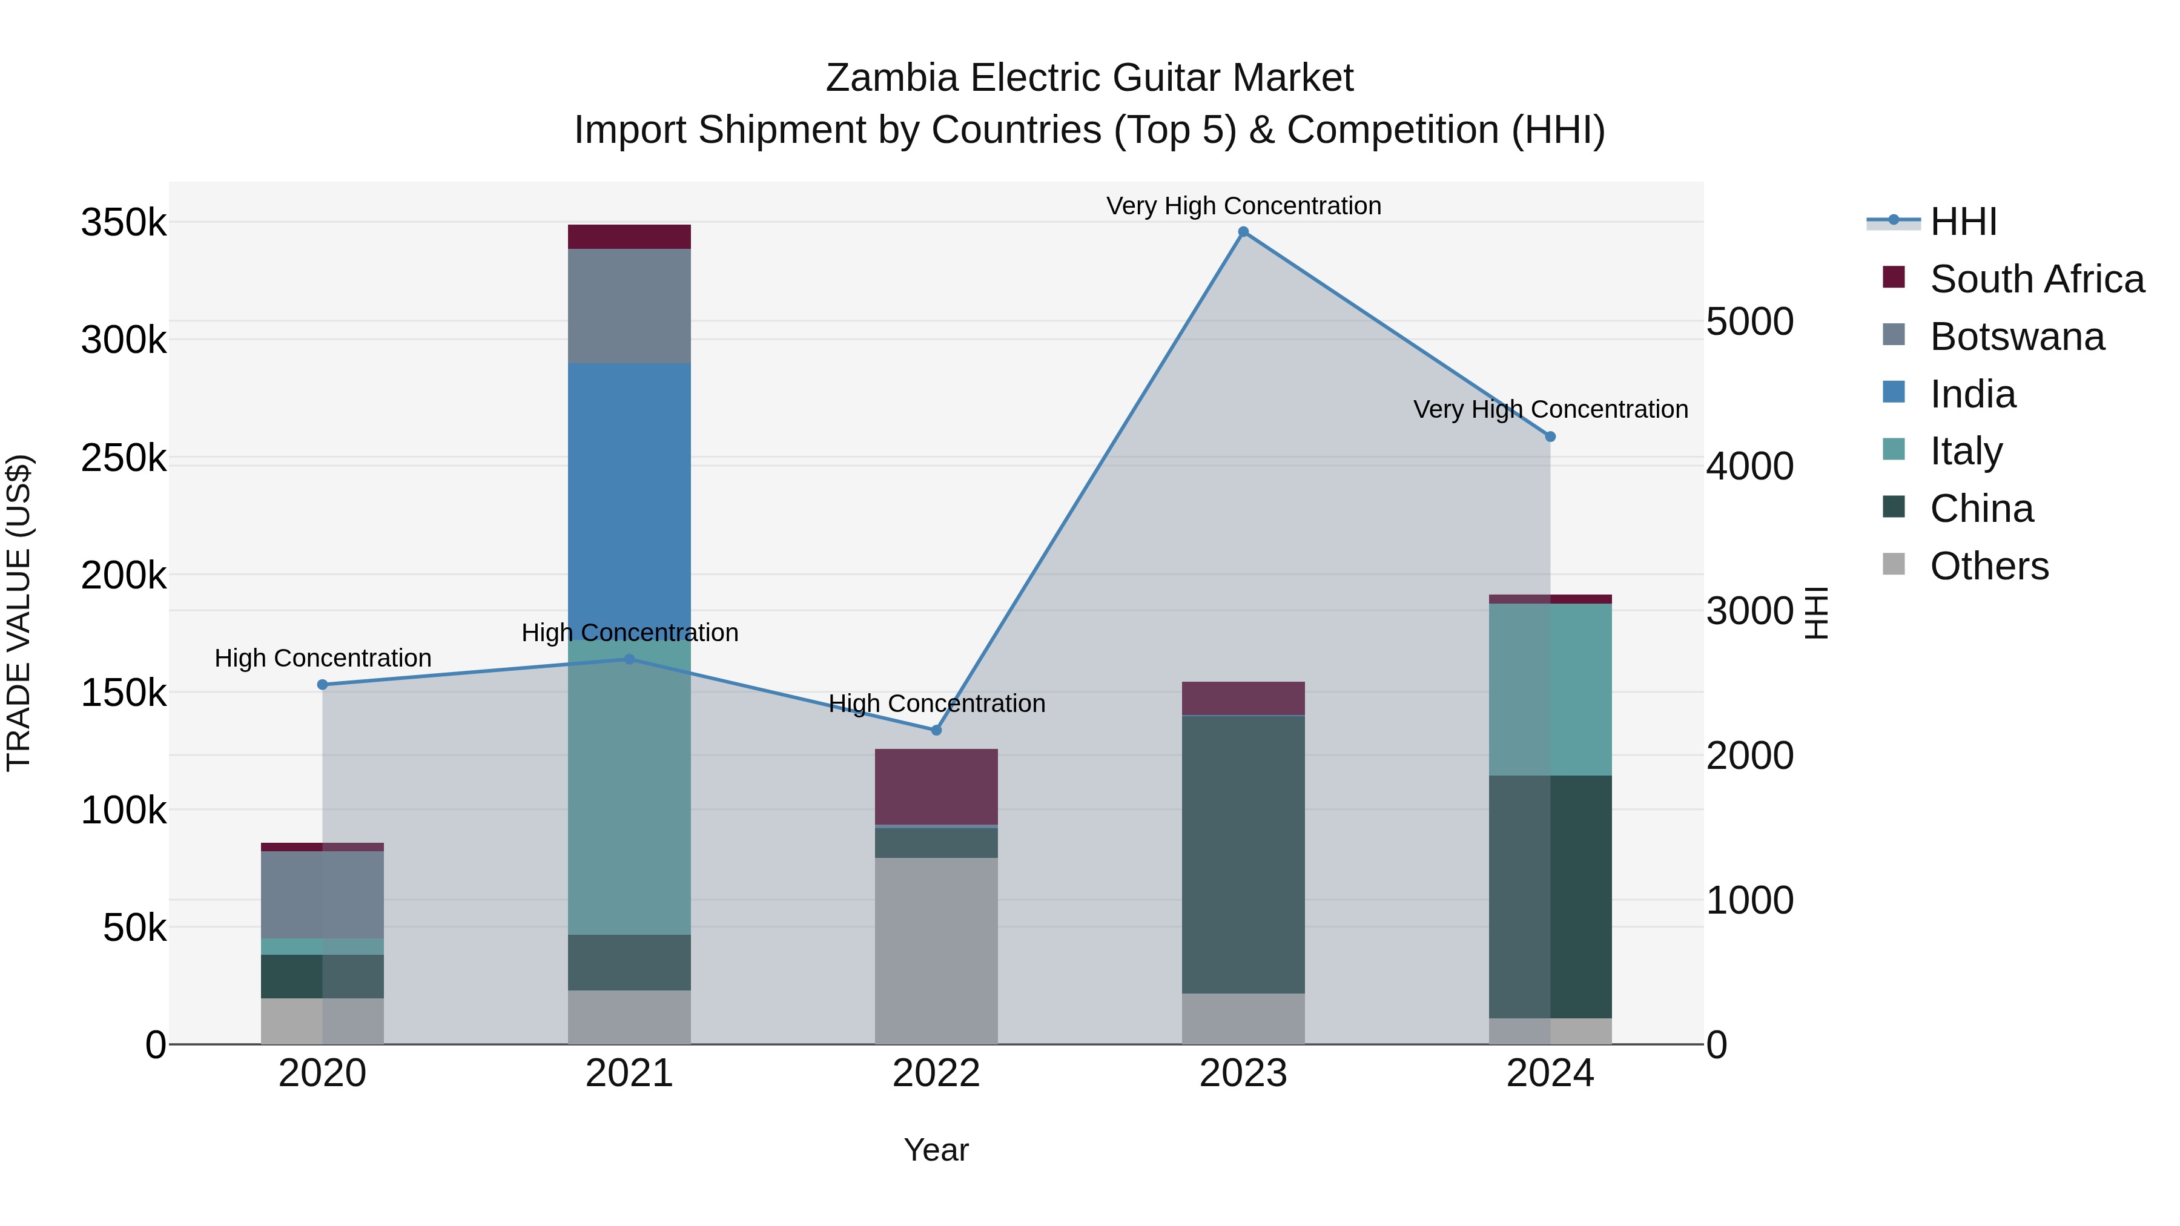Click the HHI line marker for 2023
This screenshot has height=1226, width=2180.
1243,232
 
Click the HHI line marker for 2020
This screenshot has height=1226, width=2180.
322,685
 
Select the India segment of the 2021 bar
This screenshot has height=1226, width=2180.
629,499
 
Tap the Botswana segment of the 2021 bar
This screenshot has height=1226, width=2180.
629,306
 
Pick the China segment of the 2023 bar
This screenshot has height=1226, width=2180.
1243,854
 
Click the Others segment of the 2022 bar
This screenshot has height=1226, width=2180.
936,951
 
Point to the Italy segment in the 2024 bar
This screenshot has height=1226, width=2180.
1550,690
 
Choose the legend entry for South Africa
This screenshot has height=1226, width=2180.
2036,279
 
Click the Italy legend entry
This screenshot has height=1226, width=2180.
1965,451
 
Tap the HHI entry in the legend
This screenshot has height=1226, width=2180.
1963,222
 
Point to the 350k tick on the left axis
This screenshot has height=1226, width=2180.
124,223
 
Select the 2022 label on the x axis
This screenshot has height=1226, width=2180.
936,1073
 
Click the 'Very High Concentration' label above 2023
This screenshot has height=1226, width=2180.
1243,206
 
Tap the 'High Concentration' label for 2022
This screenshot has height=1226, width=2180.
936,703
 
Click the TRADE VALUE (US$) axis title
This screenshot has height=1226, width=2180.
19,613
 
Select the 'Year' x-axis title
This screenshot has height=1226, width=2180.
936,1150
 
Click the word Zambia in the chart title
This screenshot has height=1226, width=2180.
891,78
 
